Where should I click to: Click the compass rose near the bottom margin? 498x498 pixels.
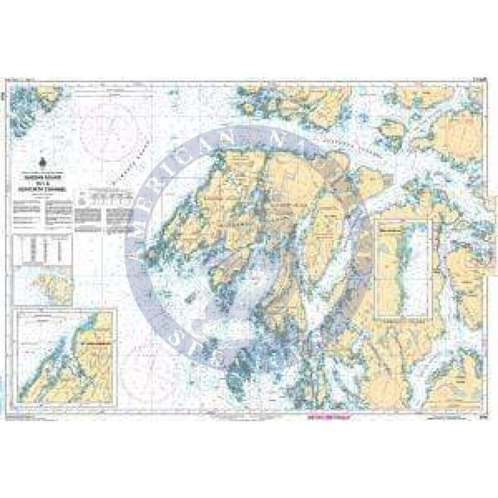click(143, 375)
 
